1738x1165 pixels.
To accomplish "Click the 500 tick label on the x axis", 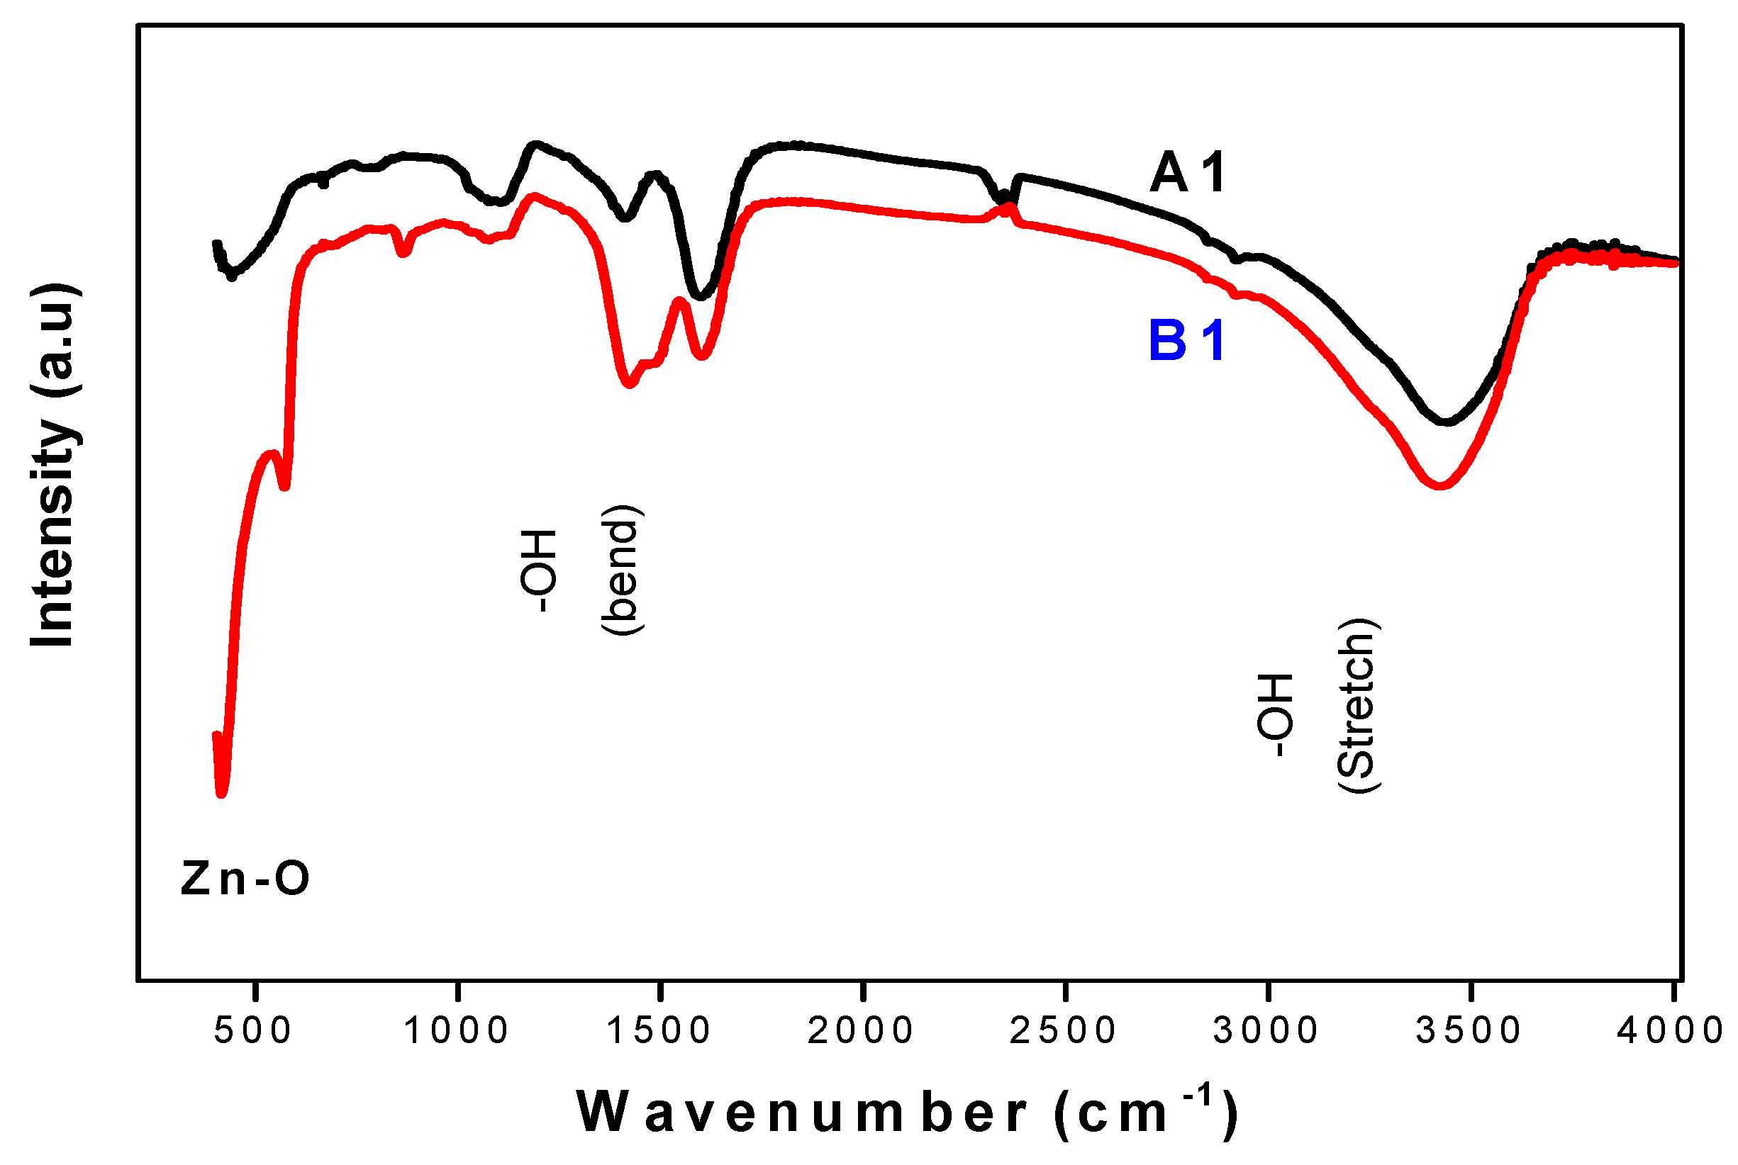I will [252, 1030].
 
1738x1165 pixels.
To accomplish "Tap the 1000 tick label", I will [456, 1030].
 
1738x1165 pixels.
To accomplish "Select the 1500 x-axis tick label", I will [659, 1030].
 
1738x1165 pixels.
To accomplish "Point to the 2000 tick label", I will [861, 1030].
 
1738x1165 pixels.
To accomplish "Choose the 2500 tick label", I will [1063, 1030].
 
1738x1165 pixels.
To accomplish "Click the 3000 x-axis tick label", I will [1266, 1030].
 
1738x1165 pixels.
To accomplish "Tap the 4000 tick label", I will [1671, 1030].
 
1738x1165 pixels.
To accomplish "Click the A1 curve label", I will [1187, 173].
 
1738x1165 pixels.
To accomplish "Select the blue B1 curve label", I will [1186, 342].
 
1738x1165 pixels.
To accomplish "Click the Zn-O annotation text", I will [245, 878].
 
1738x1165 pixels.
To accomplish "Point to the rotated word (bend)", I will [621, 570].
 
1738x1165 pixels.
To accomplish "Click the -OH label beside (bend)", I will [537, 570].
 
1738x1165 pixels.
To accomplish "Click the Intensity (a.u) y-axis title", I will [53, 466].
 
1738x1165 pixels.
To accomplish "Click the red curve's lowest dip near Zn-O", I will [221, 794].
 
